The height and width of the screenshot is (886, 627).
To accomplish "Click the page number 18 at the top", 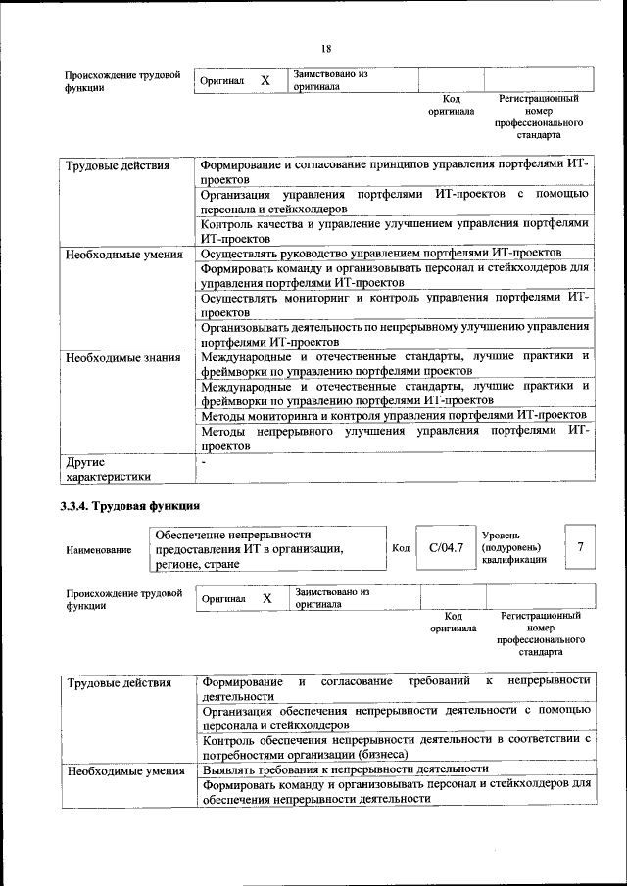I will (x=326, y=49).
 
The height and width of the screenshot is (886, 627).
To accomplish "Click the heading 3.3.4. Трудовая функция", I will (x=130, y=506).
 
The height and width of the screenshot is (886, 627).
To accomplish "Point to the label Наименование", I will (x=98, y=550).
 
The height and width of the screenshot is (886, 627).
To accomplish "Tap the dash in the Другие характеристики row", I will (x=204, y=460).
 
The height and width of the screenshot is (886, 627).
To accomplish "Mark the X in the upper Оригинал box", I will (x=265, y=80).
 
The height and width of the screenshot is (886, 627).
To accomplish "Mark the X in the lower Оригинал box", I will (x=266, y=597).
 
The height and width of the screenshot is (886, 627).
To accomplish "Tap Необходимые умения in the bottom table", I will (x=124, y=770).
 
